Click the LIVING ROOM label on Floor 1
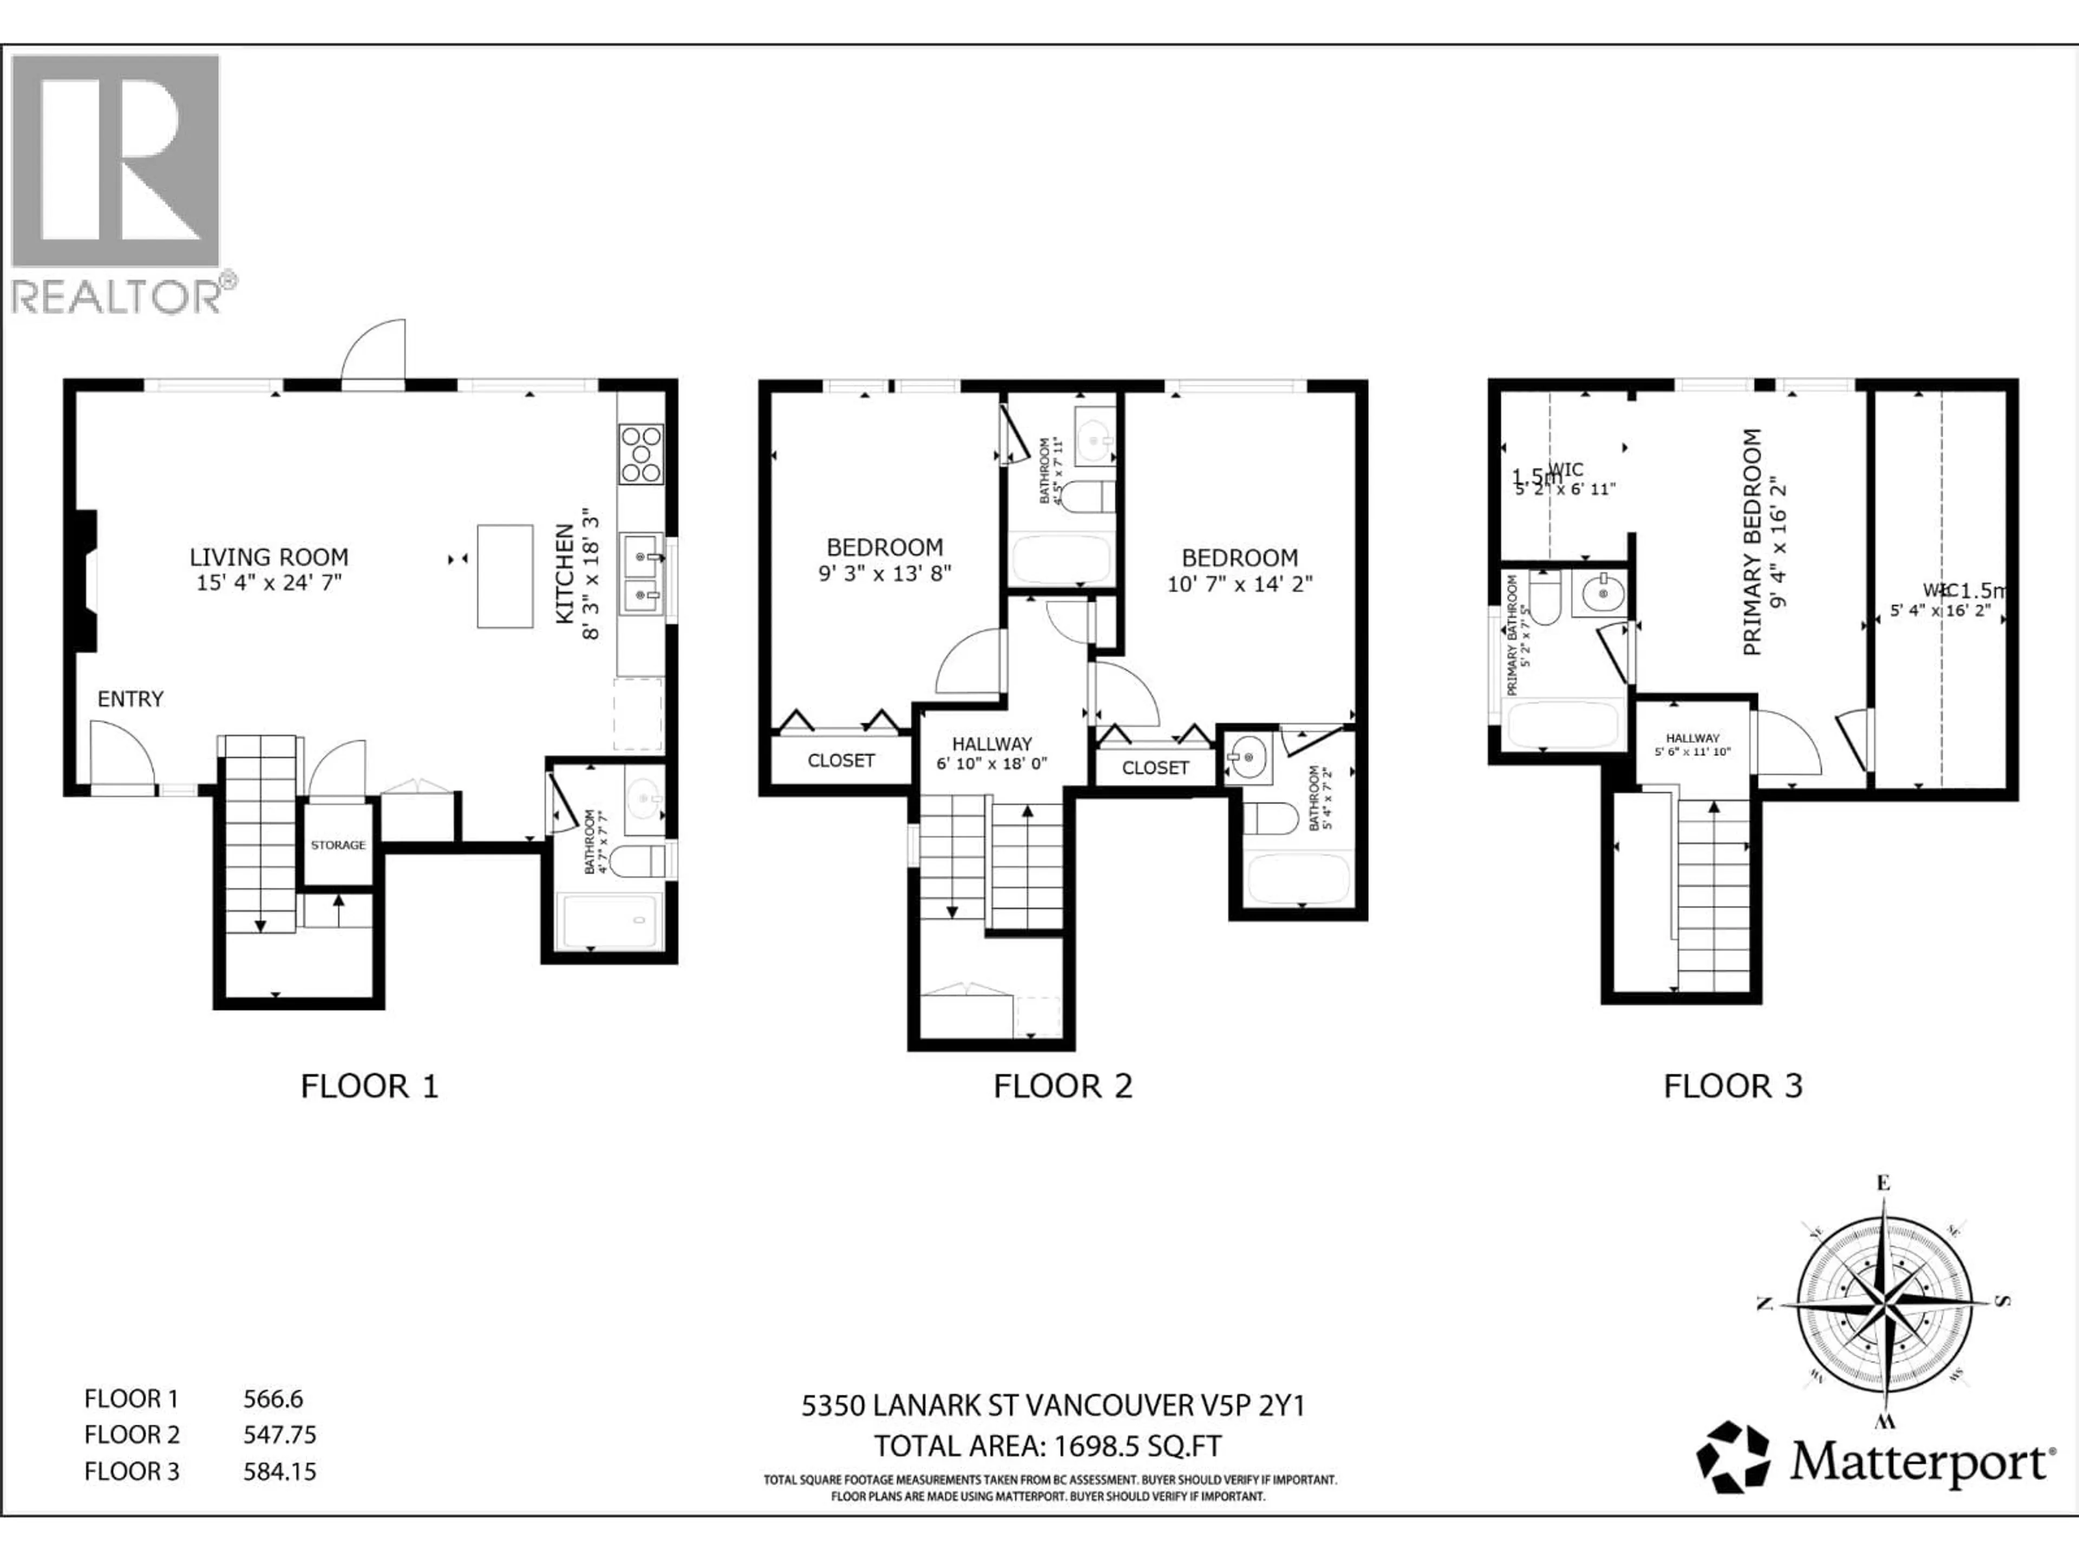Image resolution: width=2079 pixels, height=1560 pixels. (x=269, y=557)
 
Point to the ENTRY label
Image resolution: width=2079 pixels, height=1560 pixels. (x=130, y=699)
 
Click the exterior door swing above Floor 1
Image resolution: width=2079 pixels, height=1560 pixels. (x=374, y=353)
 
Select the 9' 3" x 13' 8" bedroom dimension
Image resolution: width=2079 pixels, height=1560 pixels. (x=885, y=573)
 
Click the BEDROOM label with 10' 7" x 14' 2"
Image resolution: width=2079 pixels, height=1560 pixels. (x=1240, y=557)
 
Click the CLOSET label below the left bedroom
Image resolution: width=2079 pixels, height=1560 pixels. (x=841, y=760)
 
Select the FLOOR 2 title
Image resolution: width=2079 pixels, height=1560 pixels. (x=1063, y=1086)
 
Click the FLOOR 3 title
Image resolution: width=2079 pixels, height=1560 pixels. (x=1733, y=1086)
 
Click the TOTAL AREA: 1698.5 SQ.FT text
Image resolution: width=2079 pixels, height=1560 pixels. (x=1048, y=1445)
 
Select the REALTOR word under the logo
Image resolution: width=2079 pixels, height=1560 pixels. (x=116, y=297)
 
